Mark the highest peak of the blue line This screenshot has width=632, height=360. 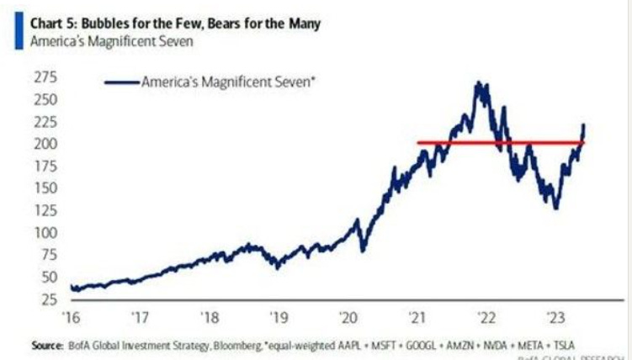(479, 83)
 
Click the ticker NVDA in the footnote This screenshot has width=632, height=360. (507, 345)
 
